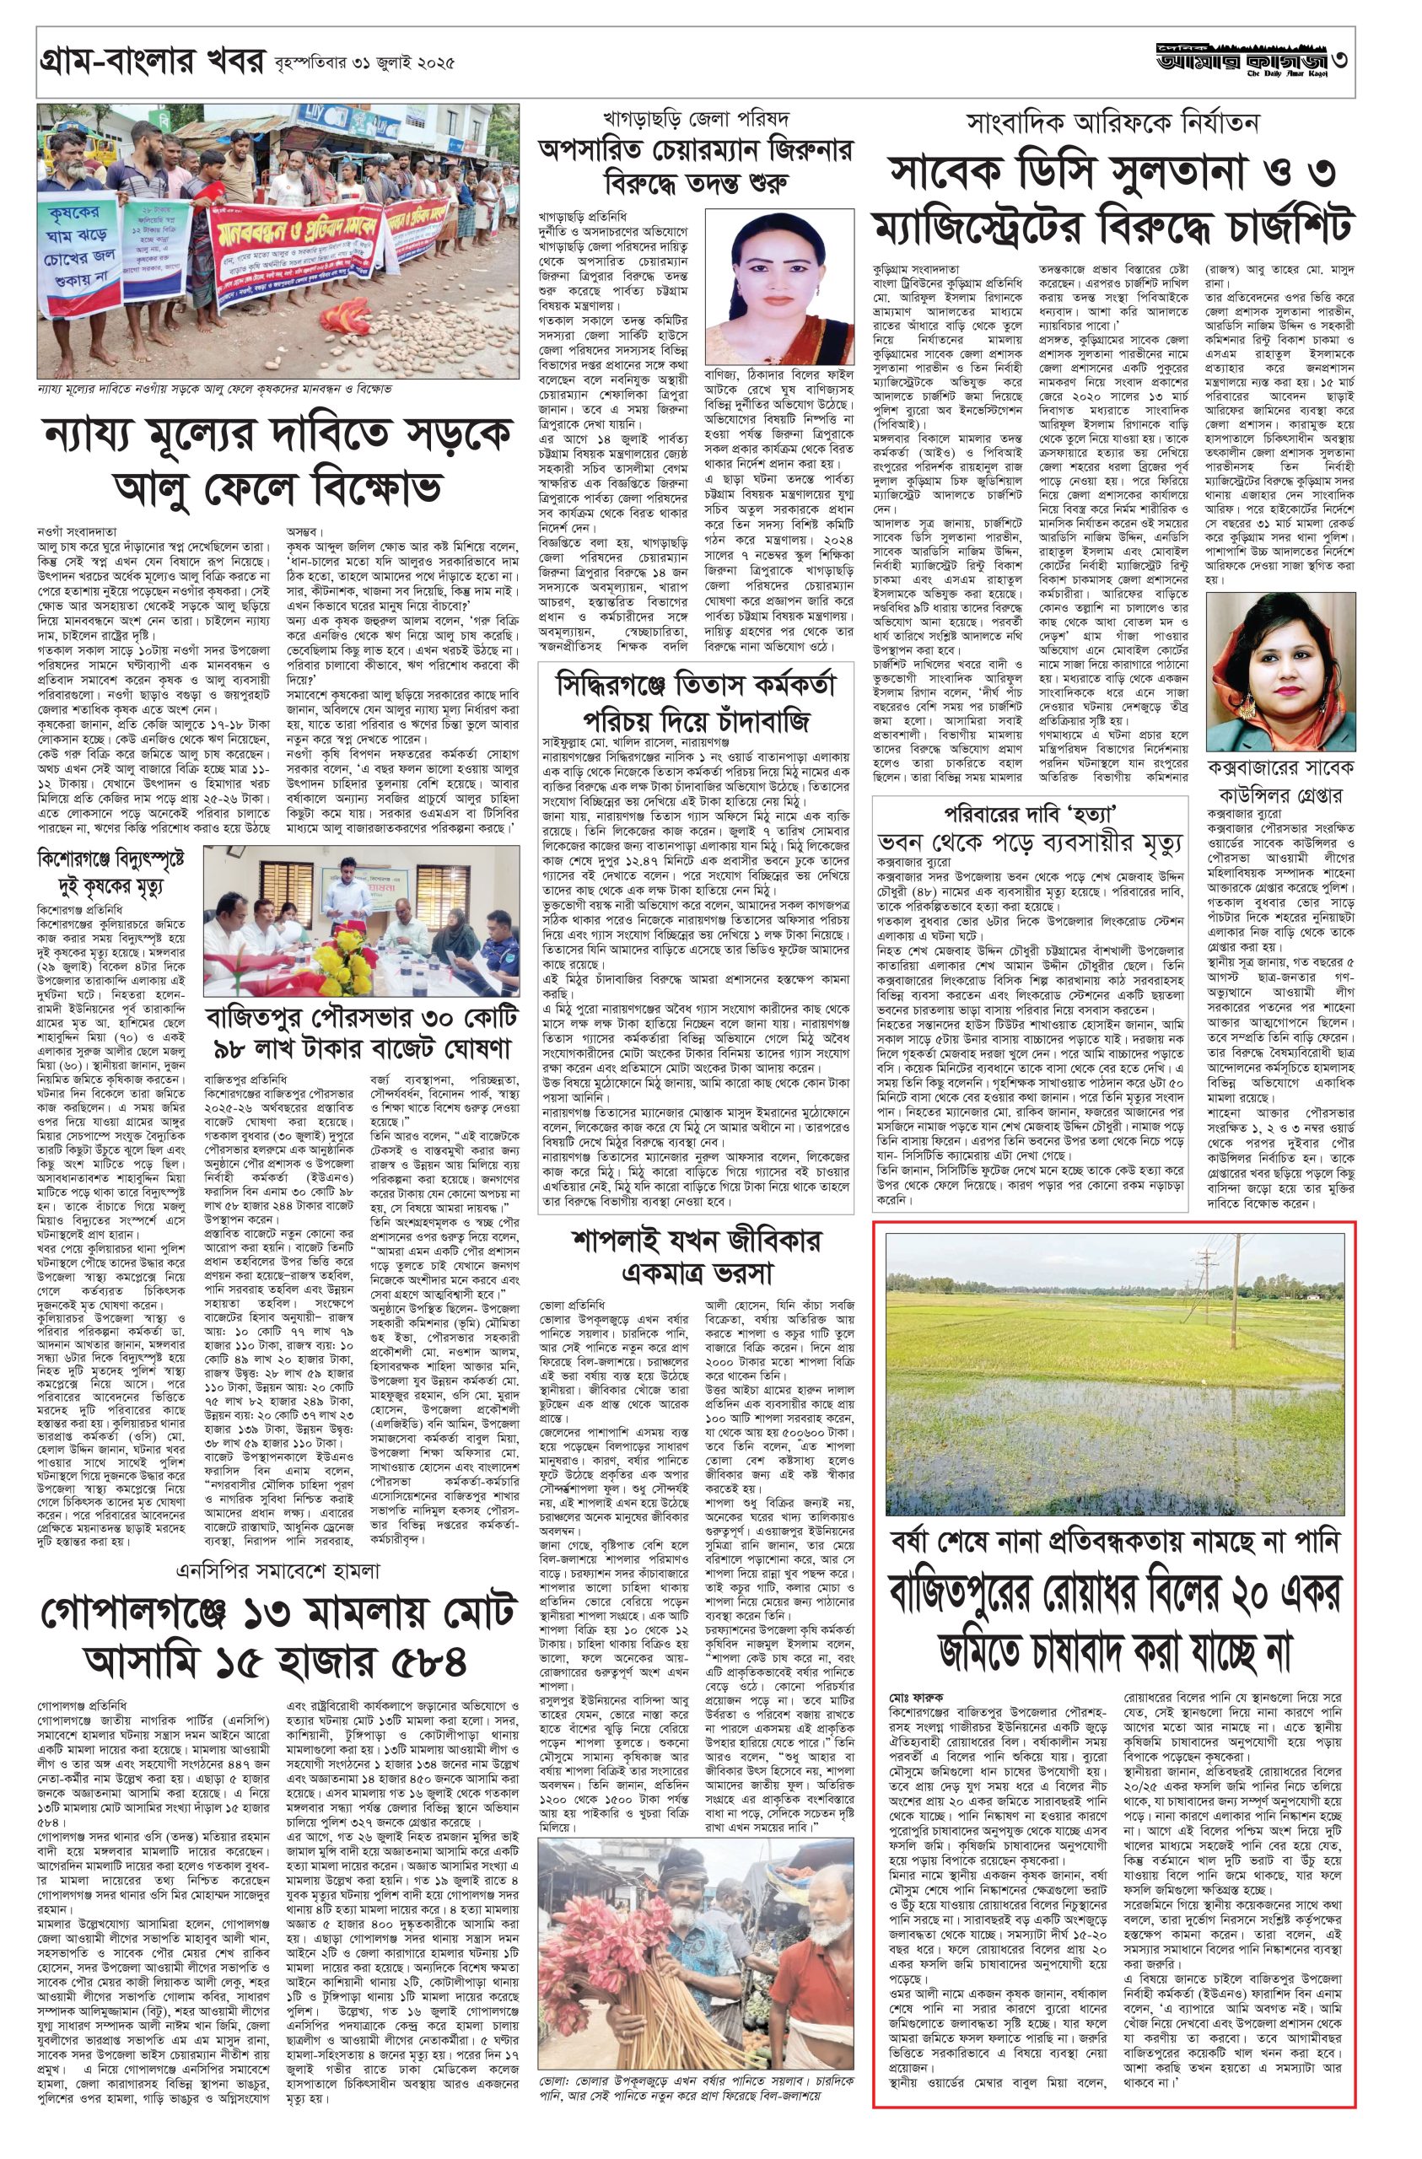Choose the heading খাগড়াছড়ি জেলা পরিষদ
click(696, 118)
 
